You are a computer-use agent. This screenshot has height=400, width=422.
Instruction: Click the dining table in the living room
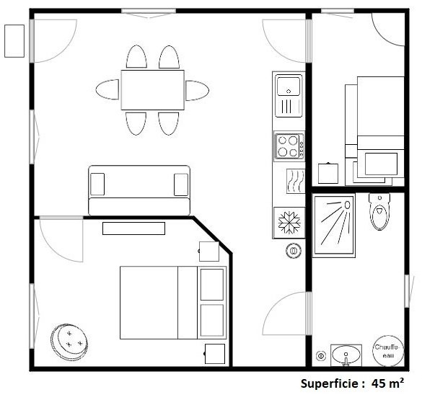tap(152, 90)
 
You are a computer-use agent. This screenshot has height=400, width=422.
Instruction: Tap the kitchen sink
tap(289, 94)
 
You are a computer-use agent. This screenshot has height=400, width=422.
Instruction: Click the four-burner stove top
tap(289, 146)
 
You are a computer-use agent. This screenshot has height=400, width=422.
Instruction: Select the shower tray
tap(334, 224)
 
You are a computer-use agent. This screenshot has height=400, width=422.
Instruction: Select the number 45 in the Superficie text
tap(379, 384)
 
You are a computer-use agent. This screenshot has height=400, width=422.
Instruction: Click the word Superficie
tap(329, 384)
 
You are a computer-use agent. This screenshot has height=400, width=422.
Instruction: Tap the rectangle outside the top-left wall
tap(14, 40)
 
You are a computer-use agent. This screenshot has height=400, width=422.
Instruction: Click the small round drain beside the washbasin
tap(321, 355)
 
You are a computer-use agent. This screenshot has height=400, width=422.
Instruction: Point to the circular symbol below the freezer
tap(294, 251)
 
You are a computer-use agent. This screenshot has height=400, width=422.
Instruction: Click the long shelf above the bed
tap(133, 228)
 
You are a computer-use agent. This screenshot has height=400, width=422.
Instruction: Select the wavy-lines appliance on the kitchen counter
tap(294, 182)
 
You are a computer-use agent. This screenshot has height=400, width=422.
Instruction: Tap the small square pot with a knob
tap(328, 173)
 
